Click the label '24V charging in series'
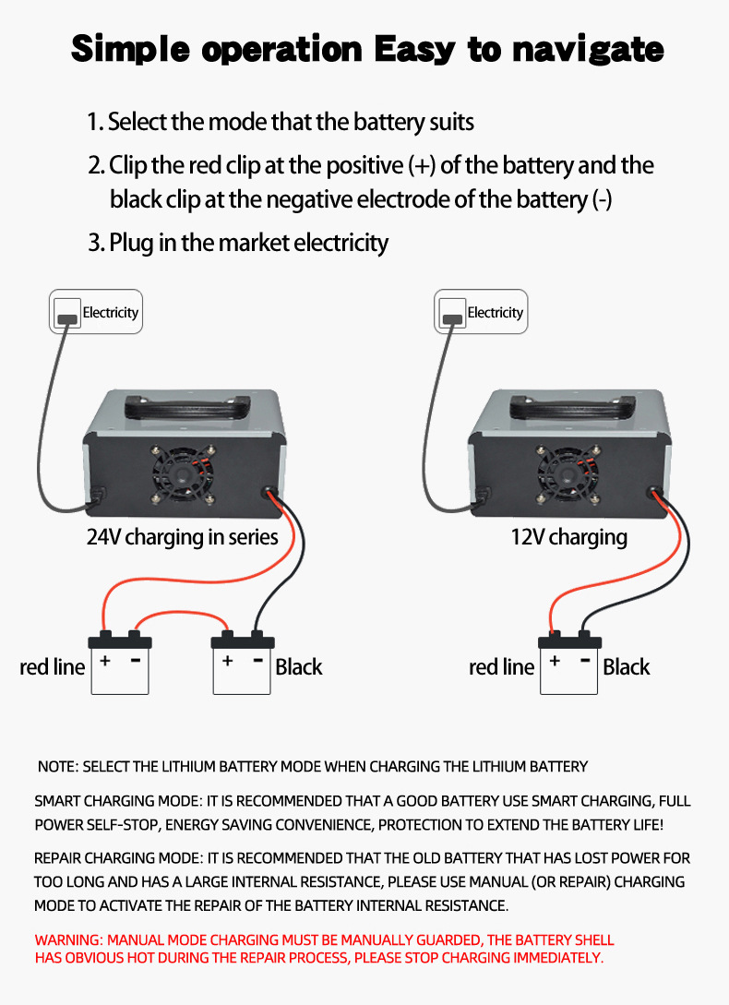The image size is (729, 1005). (x=182, y=536)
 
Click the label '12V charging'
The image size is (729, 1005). (x=568, y=536)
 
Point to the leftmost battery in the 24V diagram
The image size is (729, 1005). (x=120, y=665)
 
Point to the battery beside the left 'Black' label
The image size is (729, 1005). (x=243, y=665)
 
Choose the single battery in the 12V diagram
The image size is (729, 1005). (x=568, y=665)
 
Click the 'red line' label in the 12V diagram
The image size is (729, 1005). (x=501, y=667)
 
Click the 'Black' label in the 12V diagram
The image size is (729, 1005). (x=627, y=667)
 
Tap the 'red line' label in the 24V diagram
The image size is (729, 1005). (x=52, y=667)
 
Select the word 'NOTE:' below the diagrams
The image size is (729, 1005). (x=58, y=766)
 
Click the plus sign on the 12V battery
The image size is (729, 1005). (x=555, y=661)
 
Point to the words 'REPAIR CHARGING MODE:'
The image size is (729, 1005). (x=118, y=858)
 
